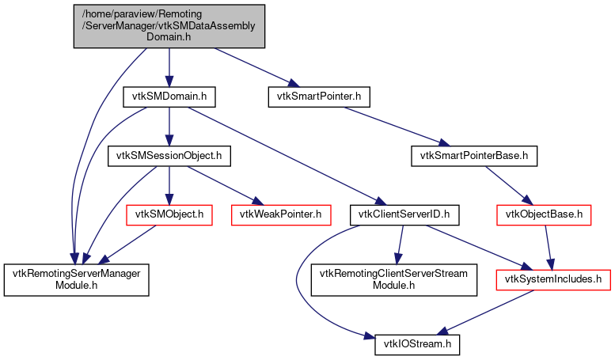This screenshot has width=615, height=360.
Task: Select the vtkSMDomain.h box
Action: coord(169,97)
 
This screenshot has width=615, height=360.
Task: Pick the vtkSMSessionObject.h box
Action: coord(169,155)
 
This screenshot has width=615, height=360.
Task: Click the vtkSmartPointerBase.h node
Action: coord(474,155)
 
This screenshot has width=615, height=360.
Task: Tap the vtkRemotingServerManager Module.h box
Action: coord(76,279)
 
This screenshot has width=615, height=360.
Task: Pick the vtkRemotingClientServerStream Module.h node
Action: coord(393,279)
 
